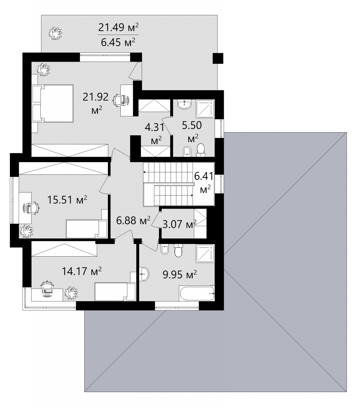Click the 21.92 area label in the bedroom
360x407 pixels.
coord(95,97)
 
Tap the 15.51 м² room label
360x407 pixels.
coord(67,199)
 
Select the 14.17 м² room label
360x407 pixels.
coord(82,271)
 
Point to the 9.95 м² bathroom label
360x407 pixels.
coord(180,274)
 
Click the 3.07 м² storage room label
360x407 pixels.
coord(180,224)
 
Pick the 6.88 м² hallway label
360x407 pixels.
coord(133,220)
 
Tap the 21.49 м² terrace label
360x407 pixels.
coord(118,27)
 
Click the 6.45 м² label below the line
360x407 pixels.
coord(118,42)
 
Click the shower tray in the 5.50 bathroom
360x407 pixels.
coord(205,109)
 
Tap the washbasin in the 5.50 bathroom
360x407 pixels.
coord(184,105)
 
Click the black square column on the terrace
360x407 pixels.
coord(218,58)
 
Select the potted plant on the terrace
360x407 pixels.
coord(55,33)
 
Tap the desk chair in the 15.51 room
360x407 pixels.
coord(34,208)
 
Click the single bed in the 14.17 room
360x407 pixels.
coord(115,292)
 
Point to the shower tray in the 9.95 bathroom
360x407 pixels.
coord(205,253)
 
